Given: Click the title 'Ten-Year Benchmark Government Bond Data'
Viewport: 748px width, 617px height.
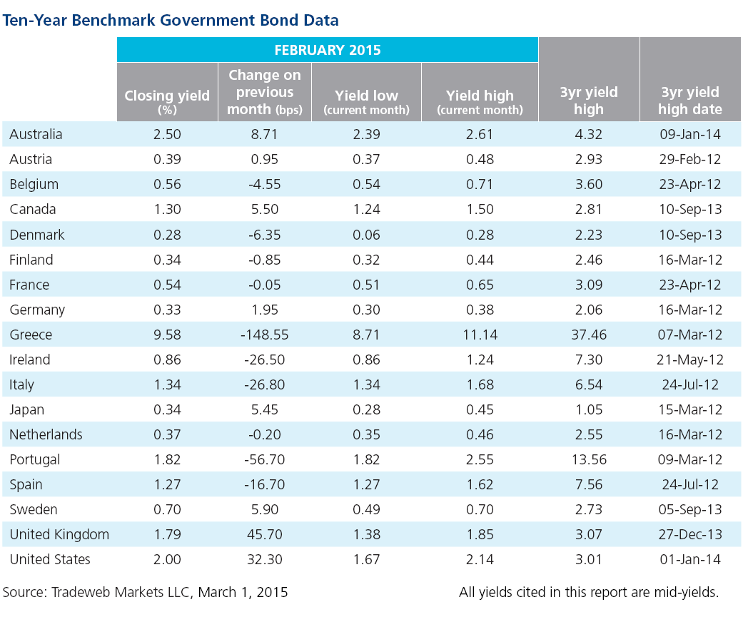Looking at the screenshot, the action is pyautogui.click(x=171, y=21).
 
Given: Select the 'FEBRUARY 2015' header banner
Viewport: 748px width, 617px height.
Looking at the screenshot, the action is pyautogui.click(x=327, y=50).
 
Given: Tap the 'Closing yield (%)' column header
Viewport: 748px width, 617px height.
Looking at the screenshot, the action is pyautogui.click(x=167, y=102).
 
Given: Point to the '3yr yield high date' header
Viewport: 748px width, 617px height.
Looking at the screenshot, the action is pyautogui.click(x=689, y=101).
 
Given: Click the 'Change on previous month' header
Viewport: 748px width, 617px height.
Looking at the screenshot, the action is pyautogui.click(x=265, y=92).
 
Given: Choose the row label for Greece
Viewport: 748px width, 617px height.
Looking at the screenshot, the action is pyautogui.click(x=31, y=335).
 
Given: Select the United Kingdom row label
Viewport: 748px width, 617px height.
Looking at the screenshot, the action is pyautogui.click(x=59, y=534).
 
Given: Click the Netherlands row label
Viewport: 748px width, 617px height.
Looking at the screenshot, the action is pyautogui.click(x=46, y=435).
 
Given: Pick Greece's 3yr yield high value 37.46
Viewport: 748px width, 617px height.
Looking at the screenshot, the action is pyautogui.click(x=589, y=335).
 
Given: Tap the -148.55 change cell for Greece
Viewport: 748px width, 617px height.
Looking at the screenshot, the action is pyautogui.click(x=265, y=335).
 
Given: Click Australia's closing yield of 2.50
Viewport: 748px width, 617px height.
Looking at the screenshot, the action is pyautogui.click(x=167, y=135).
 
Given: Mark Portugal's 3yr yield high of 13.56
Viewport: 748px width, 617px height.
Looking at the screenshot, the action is pyautogui.click(x=589, y=459).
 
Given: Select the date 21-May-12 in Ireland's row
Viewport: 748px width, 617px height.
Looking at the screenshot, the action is pyautogui.click(x=689, y=360).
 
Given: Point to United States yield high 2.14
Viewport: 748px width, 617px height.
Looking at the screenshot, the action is pyautogui.click(x=480, y=559).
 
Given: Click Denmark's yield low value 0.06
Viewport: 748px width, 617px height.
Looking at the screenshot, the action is pyautogui.click(x=366, y=235).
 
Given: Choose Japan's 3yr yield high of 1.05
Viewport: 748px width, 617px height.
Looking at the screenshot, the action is pyautogui.click(x=589, y=409).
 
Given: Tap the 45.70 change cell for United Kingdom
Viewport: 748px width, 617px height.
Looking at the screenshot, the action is pyautogui.click(x=265, y=534).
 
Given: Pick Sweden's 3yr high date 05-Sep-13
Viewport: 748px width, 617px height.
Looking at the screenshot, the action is pyautogui.click(x=689, y=510).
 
